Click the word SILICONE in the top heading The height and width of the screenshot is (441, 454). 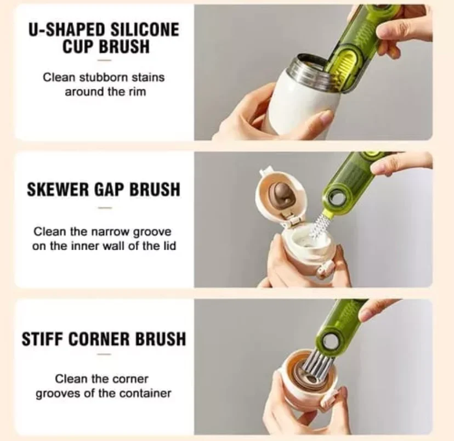point(145,30)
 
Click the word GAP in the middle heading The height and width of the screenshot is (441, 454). point(109,189)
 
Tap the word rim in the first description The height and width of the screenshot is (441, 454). point(137,92)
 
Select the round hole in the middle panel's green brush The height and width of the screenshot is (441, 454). point(337,198)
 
